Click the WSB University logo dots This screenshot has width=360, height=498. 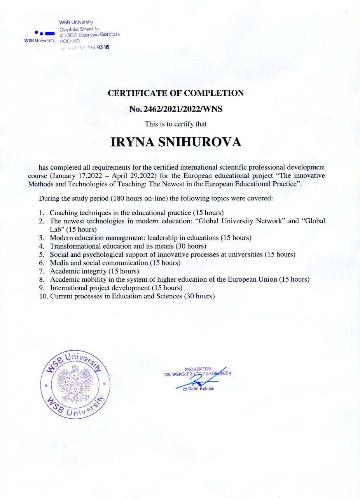click(44, 33)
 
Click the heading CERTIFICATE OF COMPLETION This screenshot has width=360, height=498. click(176, 93)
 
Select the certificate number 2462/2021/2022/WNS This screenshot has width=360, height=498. click(183, 109)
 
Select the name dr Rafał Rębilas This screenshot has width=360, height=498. click(198, 388)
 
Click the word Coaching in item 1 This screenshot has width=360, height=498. click(63, 213)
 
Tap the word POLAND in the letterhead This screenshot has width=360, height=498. click(70, 41)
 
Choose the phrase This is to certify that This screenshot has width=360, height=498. click(176, 124)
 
